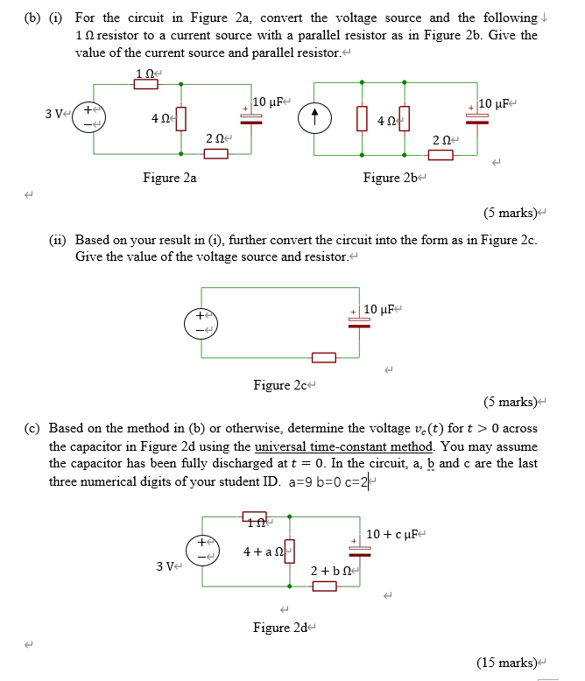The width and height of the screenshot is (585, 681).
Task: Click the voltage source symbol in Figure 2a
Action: [88, 116]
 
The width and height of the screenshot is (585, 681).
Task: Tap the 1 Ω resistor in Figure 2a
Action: [146, 84]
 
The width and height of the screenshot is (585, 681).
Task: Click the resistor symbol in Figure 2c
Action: [323, 357]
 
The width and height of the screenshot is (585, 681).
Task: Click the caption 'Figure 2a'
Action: [170, 178]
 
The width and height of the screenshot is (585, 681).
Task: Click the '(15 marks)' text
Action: [509, 662]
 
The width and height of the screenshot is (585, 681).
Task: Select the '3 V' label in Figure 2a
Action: [55, 114]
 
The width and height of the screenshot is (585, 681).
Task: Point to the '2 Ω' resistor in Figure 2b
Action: [441, 155]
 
